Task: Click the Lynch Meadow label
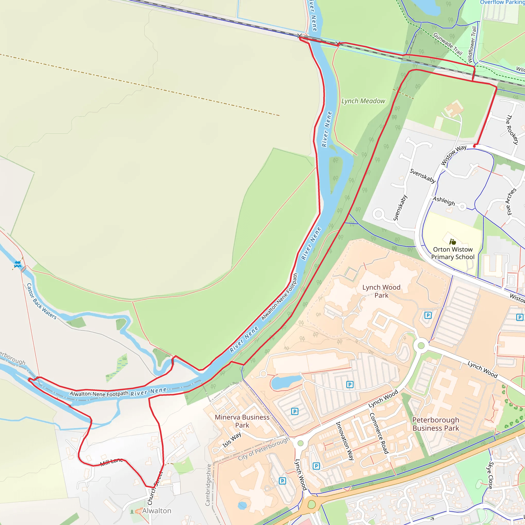[363, 101]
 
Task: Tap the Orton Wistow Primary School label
[453, 253]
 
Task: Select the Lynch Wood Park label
[381, 291]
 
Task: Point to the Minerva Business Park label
[242, 421]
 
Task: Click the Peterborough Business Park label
[436, 424]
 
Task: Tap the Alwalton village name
[157, 511]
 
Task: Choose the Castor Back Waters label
[42, 301]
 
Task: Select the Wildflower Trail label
[472, 45]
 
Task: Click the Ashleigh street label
[444, 201]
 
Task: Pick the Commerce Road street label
[379, 433]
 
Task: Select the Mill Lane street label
[112, 462]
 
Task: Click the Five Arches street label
[511, 201]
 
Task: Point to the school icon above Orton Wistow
[452, 241]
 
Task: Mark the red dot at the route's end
[474, 146]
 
